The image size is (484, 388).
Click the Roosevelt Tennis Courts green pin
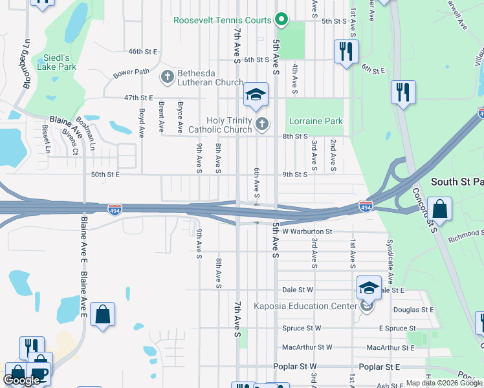coord(281,20)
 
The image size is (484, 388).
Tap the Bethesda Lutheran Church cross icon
coord(168,78)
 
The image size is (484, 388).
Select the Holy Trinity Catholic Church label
coord(229,125)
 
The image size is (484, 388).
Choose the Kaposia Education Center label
coord(305,306)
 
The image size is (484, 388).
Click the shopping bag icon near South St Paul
coord(439,210)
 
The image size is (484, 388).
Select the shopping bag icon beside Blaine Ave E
coord(102,315)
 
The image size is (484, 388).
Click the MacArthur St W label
coord(307,347)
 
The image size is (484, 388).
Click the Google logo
coord(21,380)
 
